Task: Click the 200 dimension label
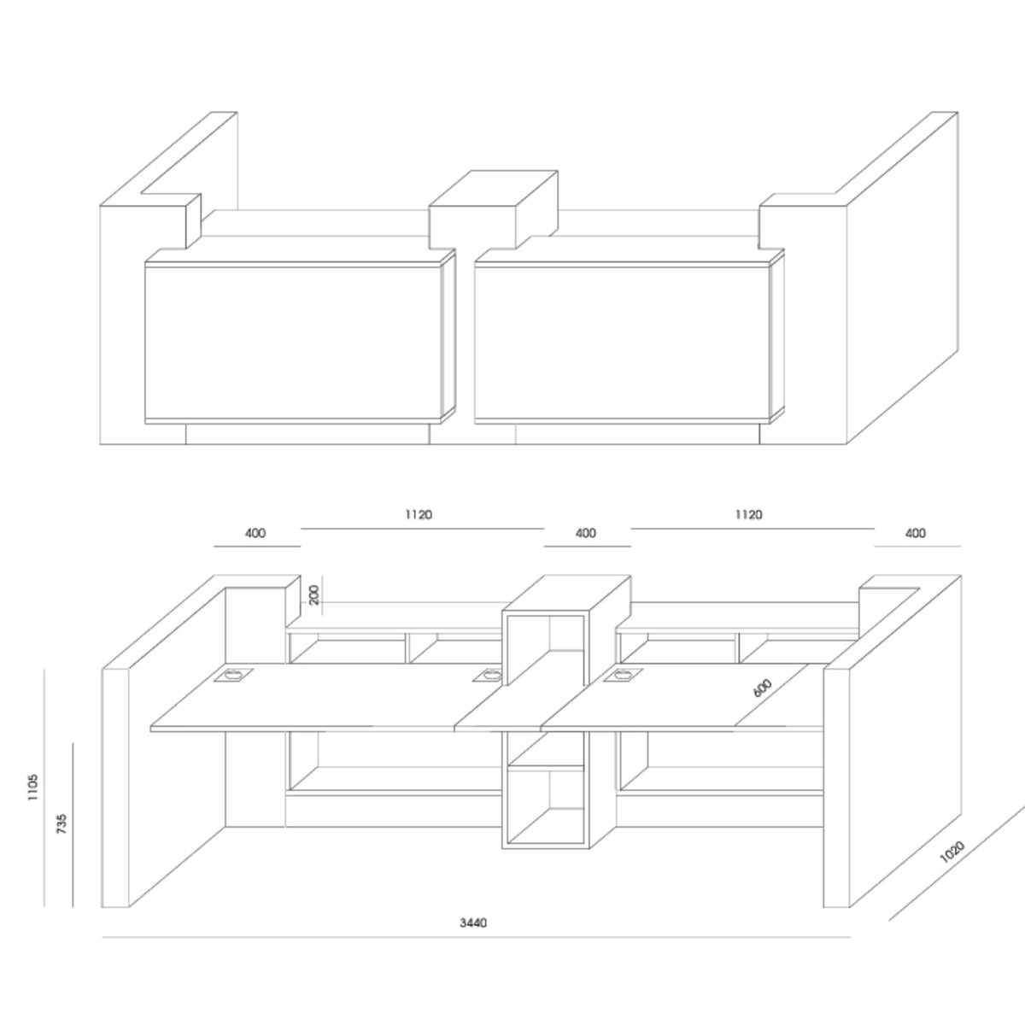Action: coord(313,594)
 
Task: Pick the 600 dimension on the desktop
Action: coord(763,688)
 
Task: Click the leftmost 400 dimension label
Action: coord(255,534)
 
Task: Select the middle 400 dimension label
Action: coord(585,534)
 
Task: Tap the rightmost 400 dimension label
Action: coord(915,534)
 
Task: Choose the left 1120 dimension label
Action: coord(419,515)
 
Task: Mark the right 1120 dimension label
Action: coord(748,515)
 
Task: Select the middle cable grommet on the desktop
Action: coord(487,675)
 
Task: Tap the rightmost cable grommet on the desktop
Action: coord(618,675)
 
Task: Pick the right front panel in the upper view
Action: coord(622,342)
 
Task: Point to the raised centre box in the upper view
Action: coord(494,209)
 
